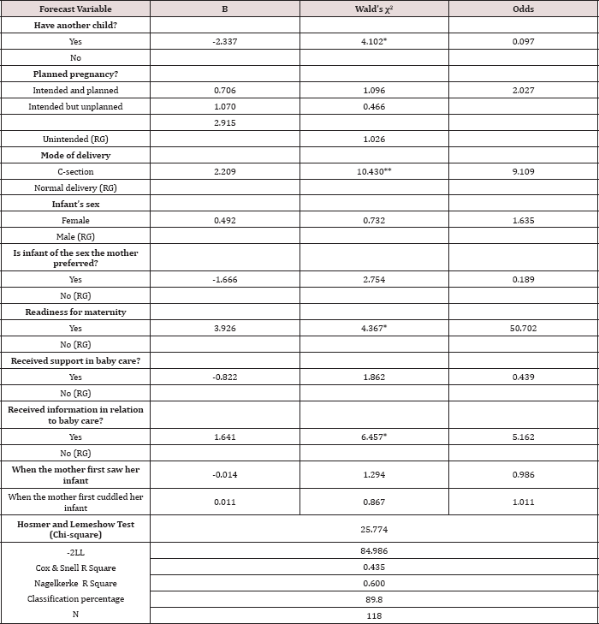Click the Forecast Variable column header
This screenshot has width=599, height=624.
[75, 8]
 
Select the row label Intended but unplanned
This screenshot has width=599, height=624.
[75, 106]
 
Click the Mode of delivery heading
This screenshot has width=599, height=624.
[75, 156]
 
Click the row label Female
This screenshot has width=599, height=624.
[75, 220]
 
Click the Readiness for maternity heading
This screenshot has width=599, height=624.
[75, 312]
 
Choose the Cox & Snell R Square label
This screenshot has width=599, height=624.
[75, 568]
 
